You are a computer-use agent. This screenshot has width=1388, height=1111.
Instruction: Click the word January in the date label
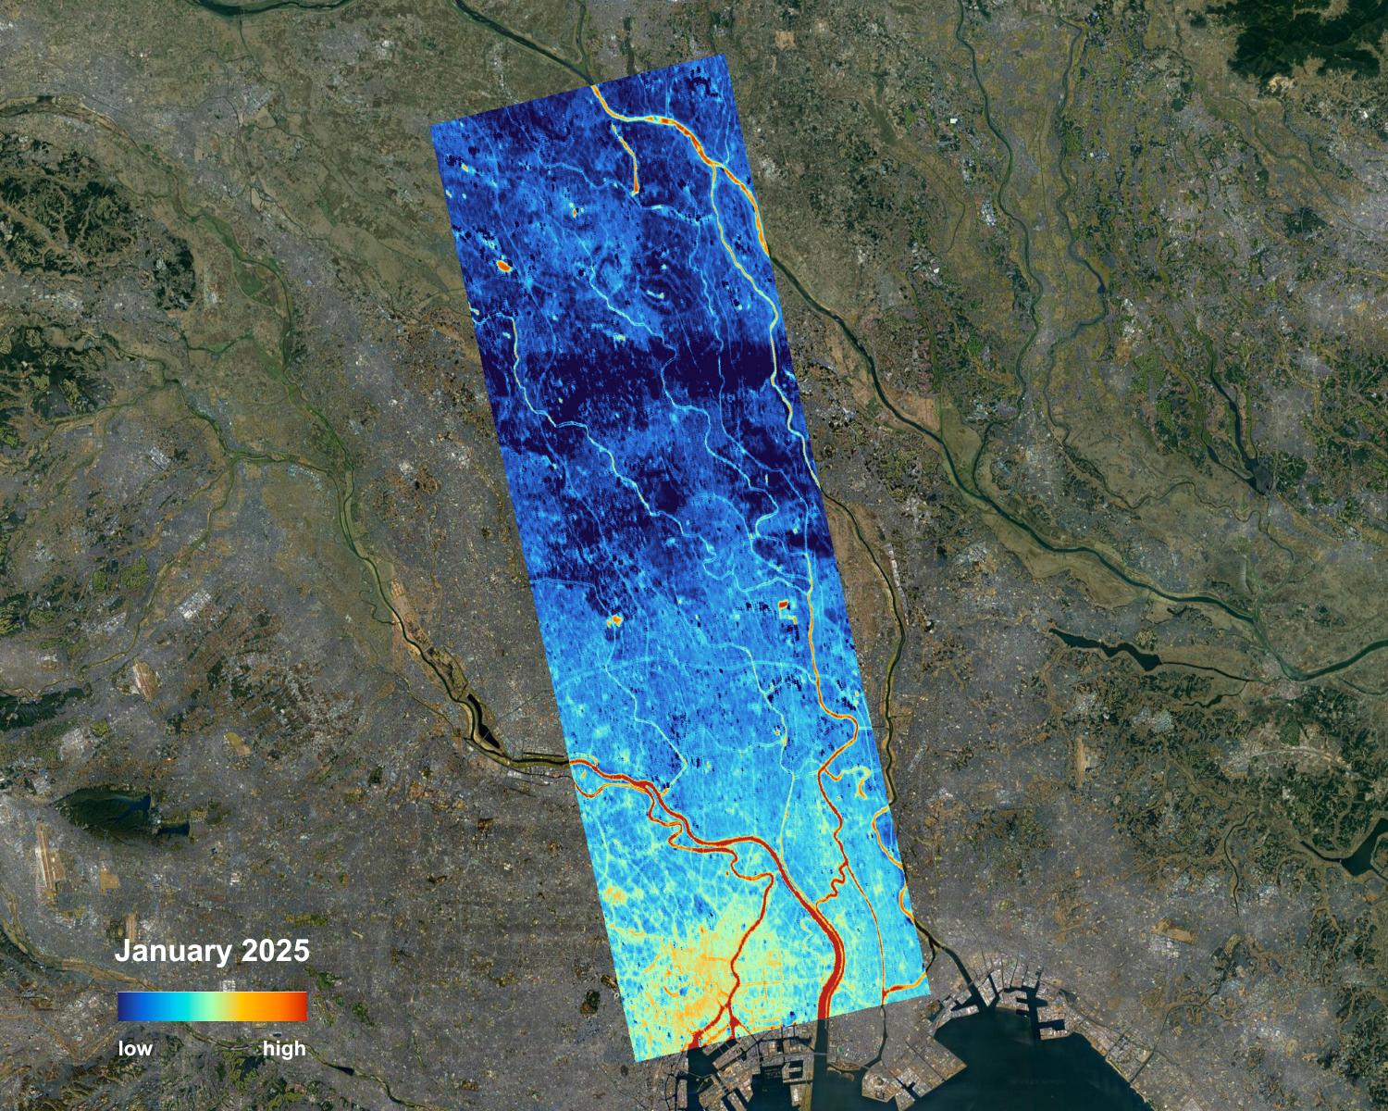pos(173,951)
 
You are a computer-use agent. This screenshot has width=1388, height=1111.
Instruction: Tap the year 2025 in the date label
pos(275,951)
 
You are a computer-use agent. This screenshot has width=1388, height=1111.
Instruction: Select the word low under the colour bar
pos(135,1049)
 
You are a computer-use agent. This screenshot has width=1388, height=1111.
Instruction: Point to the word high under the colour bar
pos(283,1049)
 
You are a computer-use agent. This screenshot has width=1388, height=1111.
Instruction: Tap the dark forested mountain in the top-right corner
pos(1295,37)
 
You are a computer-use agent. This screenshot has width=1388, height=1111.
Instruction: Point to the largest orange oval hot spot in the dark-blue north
pos(503,266)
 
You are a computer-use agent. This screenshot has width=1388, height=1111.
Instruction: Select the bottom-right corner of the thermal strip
pos(929,992)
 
